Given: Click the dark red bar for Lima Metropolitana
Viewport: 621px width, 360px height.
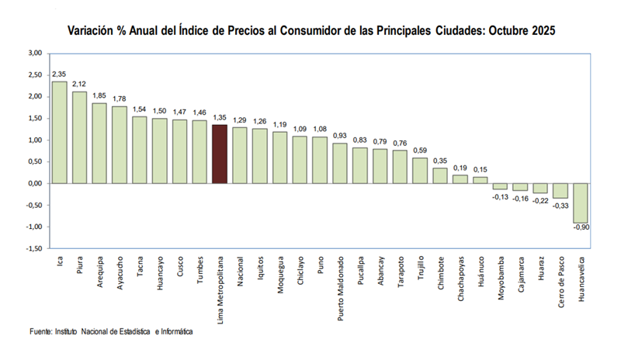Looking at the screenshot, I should (x=220, y=154).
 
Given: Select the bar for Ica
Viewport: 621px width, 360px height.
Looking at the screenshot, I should (x=59, y=132).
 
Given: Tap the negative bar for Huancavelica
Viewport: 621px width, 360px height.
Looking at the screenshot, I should (x=581, y=202).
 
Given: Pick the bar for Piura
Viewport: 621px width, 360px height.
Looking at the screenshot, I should (x=79, y=137).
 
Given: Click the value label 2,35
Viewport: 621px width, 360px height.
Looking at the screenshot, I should (x=59, y=74).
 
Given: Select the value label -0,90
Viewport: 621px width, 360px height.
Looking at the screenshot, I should (x=581, y=228).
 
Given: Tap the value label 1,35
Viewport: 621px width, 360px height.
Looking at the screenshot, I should (x=220, y=118).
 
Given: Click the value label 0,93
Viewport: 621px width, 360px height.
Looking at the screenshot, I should (x=340, y=136).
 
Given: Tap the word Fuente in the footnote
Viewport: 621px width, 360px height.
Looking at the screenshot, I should (x=40, y=331).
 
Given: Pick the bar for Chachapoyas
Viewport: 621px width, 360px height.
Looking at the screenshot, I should (x=460, y=179).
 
